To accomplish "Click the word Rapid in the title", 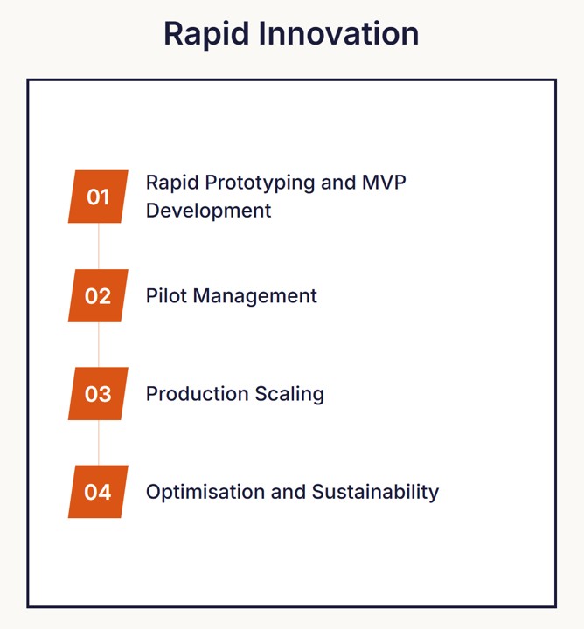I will [202, 34].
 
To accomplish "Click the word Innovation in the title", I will [334, 34].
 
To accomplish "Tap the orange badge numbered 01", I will [98, 197].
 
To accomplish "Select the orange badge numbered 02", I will [98, 295].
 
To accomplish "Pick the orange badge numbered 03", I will [98, 394].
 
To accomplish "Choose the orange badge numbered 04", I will [98, 492].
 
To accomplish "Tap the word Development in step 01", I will [208, 211].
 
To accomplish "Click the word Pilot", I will [166, 296].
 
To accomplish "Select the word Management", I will [254, 296].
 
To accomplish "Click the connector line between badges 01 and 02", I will [99, 245].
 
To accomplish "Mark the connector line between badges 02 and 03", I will [99, 344].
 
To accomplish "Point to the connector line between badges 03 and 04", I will [99, 443].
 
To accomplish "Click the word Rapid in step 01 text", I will [170, 183].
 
